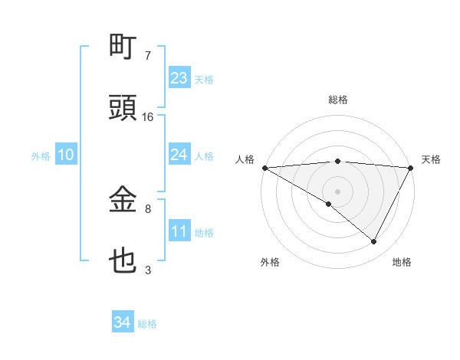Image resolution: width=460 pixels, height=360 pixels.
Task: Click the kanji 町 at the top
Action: [x=123, y=47]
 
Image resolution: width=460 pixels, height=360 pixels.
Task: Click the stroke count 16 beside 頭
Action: [x=148, y=117]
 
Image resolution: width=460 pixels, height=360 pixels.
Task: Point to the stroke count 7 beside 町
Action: [x=148, y=56]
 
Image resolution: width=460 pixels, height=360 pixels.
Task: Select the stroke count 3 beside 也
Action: [x=148, y=270]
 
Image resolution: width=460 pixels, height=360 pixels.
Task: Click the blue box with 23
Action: [x=179, y=78]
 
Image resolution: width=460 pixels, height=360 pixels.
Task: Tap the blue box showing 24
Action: [x=179, y=155]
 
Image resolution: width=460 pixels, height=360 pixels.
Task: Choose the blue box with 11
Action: [x=179, y=231]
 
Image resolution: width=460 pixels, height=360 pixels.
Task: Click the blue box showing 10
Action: [x=65, y=155]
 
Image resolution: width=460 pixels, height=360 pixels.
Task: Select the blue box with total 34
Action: [x=122, y=323]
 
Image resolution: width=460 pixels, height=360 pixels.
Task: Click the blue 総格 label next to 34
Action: [x=147, y=324]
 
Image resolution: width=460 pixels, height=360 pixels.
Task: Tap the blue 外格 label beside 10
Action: [x=41, y=155]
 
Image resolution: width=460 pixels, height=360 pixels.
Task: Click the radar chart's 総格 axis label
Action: [x=338, y=100]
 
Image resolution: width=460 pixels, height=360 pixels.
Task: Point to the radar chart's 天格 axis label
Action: [x=431, y=159]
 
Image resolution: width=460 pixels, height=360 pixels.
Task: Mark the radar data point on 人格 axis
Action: [x=264, y=168]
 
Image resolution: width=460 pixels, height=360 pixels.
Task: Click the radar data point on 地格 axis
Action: [x=374, y=242]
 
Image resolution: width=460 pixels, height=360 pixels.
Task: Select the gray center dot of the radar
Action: [x=337, y=191]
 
